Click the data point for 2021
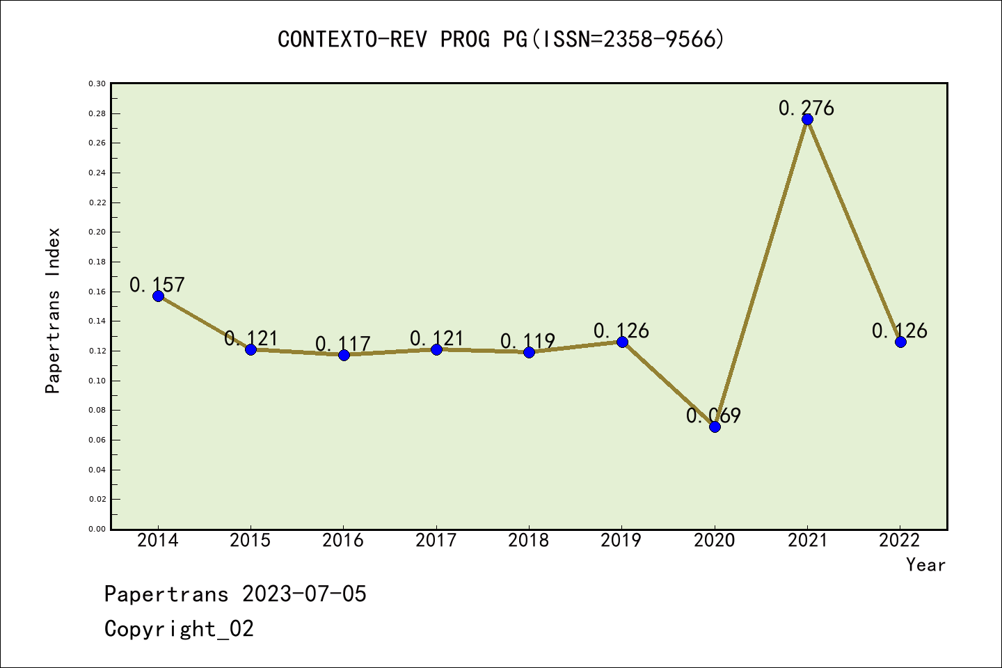point(807,119)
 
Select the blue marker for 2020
point(715,427)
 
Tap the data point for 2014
point(158,296)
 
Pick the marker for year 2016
point(344,355)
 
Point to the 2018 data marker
point(529,352)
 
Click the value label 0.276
point(806,108)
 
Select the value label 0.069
point(713,415)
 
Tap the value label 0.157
point(157,285)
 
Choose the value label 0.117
point(342,344)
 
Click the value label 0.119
point(527,341)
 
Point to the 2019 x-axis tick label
point(621,541)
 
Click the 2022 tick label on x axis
point(899,541)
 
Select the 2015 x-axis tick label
point(250,541)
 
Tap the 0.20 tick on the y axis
point(97,232)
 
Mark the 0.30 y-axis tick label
point(97,83)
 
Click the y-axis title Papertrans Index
point(53,310)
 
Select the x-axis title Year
point(925,565)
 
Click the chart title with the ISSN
point(501,40)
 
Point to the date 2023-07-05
point(304,594)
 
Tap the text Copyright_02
point(179,629)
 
